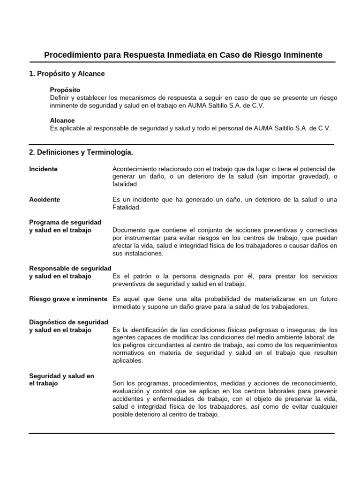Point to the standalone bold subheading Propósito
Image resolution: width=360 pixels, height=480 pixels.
coord(65,90)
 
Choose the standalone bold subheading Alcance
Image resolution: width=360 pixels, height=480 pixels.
coord(62,120)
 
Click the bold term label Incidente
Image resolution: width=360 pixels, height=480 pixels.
coord(43,169)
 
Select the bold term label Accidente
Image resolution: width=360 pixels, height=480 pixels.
coord(45,199)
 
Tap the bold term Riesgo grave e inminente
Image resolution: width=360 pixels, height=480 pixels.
coord(68,299)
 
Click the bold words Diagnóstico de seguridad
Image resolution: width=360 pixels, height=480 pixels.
coord(68,322)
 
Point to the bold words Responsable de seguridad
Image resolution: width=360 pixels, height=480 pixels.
coord(70,268)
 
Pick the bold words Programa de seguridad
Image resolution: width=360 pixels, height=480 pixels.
coord(65,222)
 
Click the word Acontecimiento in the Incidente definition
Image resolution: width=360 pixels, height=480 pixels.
coord(136,169)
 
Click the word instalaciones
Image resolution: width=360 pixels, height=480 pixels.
coord(143,253)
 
